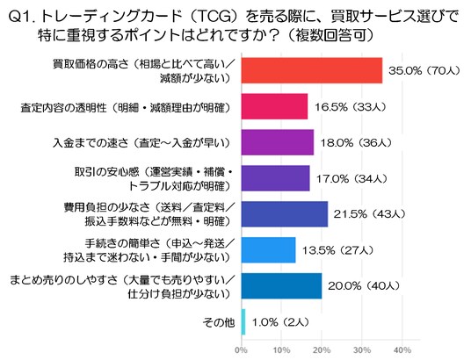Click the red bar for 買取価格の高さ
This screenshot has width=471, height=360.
(312, 70)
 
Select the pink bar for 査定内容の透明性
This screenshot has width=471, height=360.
(274, 106)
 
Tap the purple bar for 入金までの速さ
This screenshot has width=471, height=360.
(278, 142)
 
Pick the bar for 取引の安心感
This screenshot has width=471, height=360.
(275, 178)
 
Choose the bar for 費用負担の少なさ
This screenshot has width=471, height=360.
(285, 214)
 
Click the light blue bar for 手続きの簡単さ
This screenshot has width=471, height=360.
(269, 250)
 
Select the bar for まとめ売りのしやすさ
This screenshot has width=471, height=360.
(281, 286)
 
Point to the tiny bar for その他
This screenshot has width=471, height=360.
(243, 322)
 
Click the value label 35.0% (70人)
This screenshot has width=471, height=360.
(424, 71)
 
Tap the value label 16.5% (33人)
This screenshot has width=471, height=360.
(350, 107)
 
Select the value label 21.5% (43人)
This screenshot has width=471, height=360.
(369, 214)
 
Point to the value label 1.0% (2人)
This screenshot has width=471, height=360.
(280, 322)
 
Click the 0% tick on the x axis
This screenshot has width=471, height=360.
(241, 350)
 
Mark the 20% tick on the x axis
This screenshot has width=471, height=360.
(322, 350)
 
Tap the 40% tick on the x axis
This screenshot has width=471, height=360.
(402, 350)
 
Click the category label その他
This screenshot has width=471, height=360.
(219, 322)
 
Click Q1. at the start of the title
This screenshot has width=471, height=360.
(23, 18)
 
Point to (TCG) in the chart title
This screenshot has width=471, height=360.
(215, 18)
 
